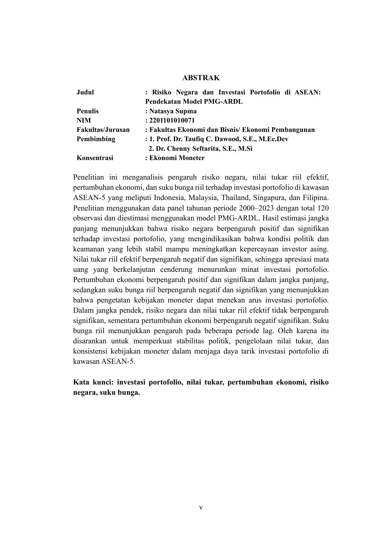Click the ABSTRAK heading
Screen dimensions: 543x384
point(201,78)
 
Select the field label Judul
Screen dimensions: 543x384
point(85,92)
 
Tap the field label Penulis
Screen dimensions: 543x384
point(88,111)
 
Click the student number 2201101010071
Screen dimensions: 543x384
point(172,120)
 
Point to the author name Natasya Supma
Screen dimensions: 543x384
point(173,111)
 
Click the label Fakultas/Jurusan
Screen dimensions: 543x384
point(103,130)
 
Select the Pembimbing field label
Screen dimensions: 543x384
point(96,139)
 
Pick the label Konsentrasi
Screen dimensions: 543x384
point(95,158)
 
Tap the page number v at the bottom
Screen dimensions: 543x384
point(201,508)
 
